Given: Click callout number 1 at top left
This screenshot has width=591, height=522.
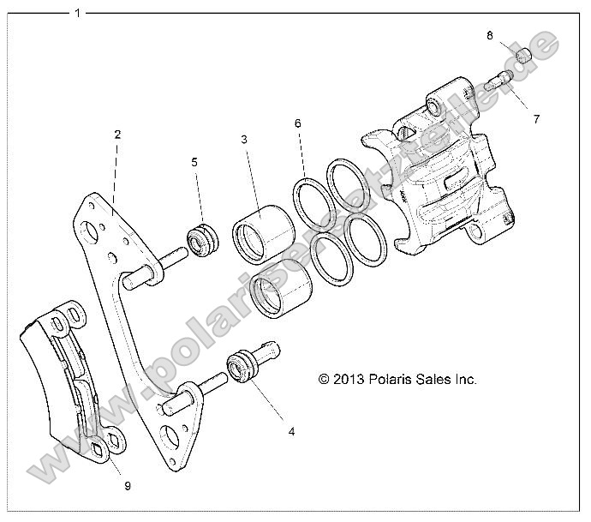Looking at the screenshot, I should pos(78,14).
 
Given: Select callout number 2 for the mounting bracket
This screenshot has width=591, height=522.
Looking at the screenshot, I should pos(117,135).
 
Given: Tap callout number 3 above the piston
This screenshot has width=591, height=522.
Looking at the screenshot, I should pos(244,139).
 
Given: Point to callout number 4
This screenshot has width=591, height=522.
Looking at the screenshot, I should pos(291,431).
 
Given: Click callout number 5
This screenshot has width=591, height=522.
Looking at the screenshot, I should pos(194,161).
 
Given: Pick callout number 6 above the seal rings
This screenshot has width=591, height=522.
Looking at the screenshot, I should pos(297,123).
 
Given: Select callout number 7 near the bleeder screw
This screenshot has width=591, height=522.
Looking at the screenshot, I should pos(536,119).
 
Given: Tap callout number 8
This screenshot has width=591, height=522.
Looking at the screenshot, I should pos(490,36).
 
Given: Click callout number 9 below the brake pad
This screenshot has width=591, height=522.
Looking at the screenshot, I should pos(127,485).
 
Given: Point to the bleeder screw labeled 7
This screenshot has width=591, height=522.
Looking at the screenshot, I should pos(499,82).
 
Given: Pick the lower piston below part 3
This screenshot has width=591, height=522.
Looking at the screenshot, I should pos(280,303).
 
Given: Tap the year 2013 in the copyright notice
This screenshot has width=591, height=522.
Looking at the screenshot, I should pos(348,378).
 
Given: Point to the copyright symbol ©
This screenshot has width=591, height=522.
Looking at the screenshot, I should pos(324,378).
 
